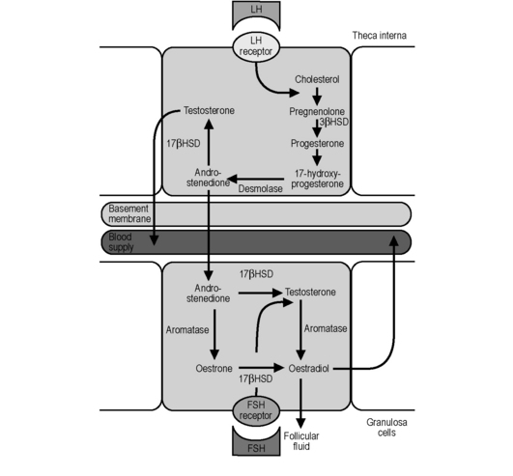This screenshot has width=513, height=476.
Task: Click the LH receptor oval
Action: click(x=256, y=46)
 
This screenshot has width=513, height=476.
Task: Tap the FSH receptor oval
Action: click(x=256, y=410)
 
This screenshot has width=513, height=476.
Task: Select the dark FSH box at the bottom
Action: click(x=256, y=442)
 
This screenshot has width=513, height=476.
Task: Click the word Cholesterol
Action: click(x=317, y=79)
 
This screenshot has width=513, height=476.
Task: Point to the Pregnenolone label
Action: click(x=317, y=111)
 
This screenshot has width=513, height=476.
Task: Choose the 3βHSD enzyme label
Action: click(x=334, y=122)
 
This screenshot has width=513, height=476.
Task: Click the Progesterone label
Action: click(x=317, y=143)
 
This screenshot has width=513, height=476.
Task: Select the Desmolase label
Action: click(x=261, y=188)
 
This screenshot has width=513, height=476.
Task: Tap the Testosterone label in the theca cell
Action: click(x=209, y=110)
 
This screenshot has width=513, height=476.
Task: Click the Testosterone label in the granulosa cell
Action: click(x=310, y=292)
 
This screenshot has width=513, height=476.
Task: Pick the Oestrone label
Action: click(x=214, y=369)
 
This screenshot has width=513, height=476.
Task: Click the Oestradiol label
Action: click(x=308, y=369)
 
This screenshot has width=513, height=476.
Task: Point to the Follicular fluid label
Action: click(x=301, y=441)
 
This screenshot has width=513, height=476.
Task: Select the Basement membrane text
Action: click(x=129, y=213)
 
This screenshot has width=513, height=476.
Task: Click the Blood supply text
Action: click(x=121, y=242)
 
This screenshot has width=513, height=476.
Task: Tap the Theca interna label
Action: click(x=379, y=36)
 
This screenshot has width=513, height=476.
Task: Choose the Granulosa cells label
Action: click(x=386, y=428)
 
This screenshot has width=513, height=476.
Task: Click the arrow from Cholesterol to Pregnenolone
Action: click(x=317, y=96)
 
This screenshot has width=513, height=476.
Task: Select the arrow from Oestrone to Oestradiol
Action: click(x=261, y=368)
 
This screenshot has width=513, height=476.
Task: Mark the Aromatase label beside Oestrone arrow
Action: click(x=187, y=330)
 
